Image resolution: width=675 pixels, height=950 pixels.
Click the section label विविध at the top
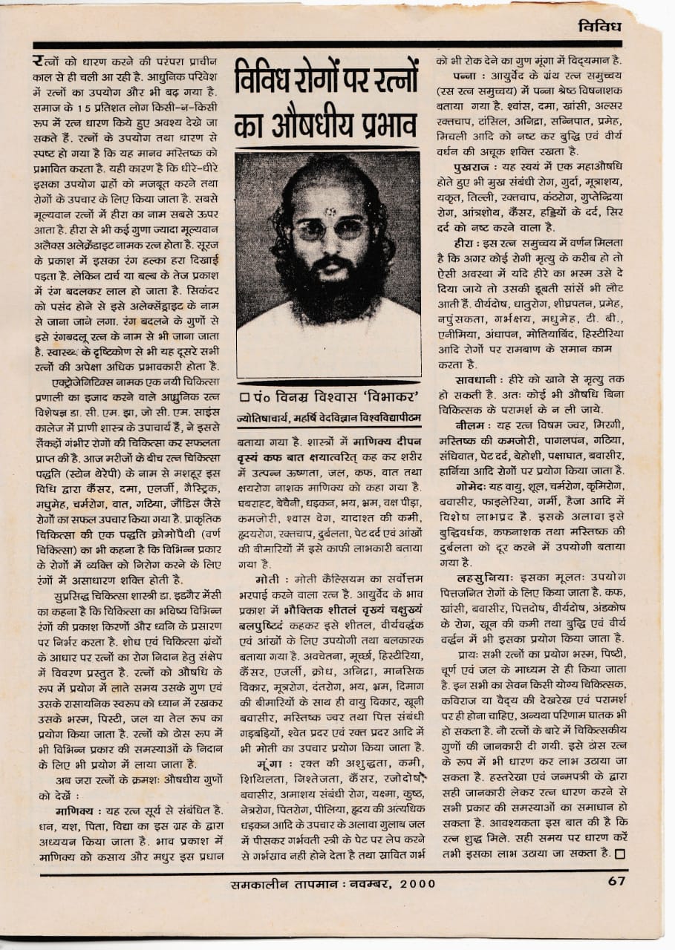[599, 27]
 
